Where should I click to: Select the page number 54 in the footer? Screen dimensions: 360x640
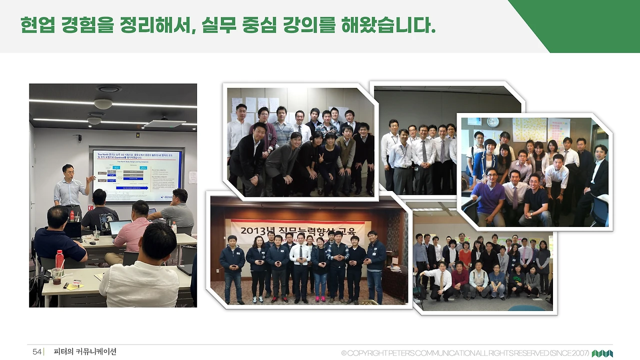click(x=37, y=352)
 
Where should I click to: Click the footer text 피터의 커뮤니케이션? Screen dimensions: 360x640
click(x=85, y=352)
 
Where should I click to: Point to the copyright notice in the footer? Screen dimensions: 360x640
click(x=465, y=353)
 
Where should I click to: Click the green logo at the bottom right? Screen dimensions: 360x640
click(x=602, y=353)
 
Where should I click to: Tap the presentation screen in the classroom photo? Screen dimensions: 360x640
click(x=136, y=174)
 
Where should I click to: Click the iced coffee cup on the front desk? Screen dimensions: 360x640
click(x=57, y=276)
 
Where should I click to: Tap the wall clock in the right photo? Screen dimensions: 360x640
click(x=493, y=122)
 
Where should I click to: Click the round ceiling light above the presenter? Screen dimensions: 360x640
click(x=103, y=103)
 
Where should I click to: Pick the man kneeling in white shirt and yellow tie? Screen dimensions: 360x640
click(x=440, y=281)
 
